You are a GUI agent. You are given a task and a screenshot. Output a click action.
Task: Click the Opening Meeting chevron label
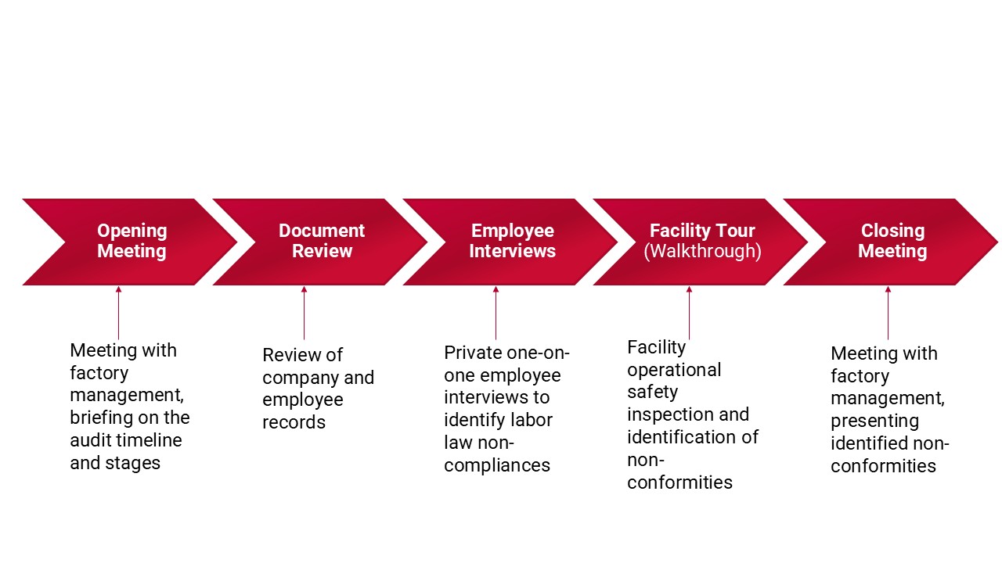click(132, 241)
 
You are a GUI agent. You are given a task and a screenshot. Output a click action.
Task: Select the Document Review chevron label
click(322, 241)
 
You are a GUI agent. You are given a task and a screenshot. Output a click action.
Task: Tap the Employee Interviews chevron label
click(512, 241)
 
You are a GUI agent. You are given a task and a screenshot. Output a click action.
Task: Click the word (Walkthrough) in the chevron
click(702, 251)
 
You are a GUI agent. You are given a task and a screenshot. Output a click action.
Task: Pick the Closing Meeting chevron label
click(892, 241)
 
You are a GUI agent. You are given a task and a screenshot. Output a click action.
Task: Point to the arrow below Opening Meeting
click(118, 313)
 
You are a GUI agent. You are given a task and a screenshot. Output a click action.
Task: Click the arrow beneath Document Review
click(305, 313)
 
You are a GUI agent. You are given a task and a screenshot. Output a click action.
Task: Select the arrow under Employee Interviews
click(496, 313)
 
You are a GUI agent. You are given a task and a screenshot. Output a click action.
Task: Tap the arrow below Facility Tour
click(690, 313)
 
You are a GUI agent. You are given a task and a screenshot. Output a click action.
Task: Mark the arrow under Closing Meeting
click(888, 313)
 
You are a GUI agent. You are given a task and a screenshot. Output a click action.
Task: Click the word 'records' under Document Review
click(294, 422)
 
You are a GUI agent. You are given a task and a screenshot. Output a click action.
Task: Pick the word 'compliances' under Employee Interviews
click(497, 465)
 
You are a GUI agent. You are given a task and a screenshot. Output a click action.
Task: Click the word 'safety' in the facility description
click(652, 393)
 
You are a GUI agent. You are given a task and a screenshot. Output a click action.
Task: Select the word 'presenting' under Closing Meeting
click(874, 421)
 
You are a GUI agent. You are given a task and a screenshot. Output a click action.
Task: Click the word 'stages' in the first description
click(132, 464)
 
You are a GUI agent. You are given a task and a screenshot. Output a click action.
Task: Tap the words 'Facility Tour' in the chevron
click(702, 231)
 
